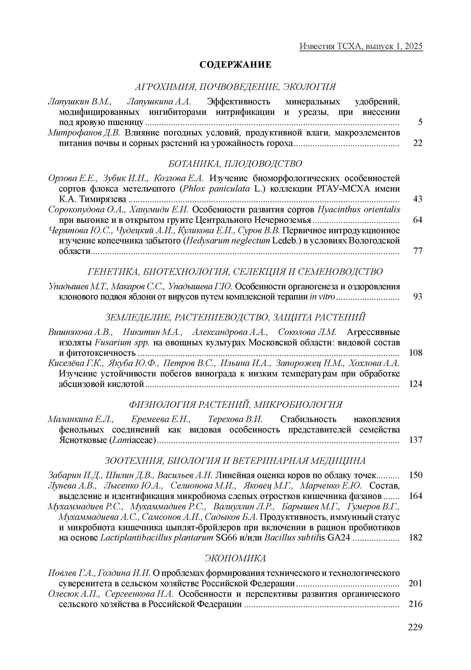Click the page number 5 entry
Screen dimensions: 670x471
coord(420,122)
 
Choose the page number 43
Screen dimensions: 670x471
coord(418,199)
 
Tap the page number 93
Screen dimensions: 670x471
coord(418,297)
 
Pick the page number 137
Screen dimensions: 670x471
coord(416,440)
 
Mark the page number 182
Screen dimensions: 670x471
coord(416,537)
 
